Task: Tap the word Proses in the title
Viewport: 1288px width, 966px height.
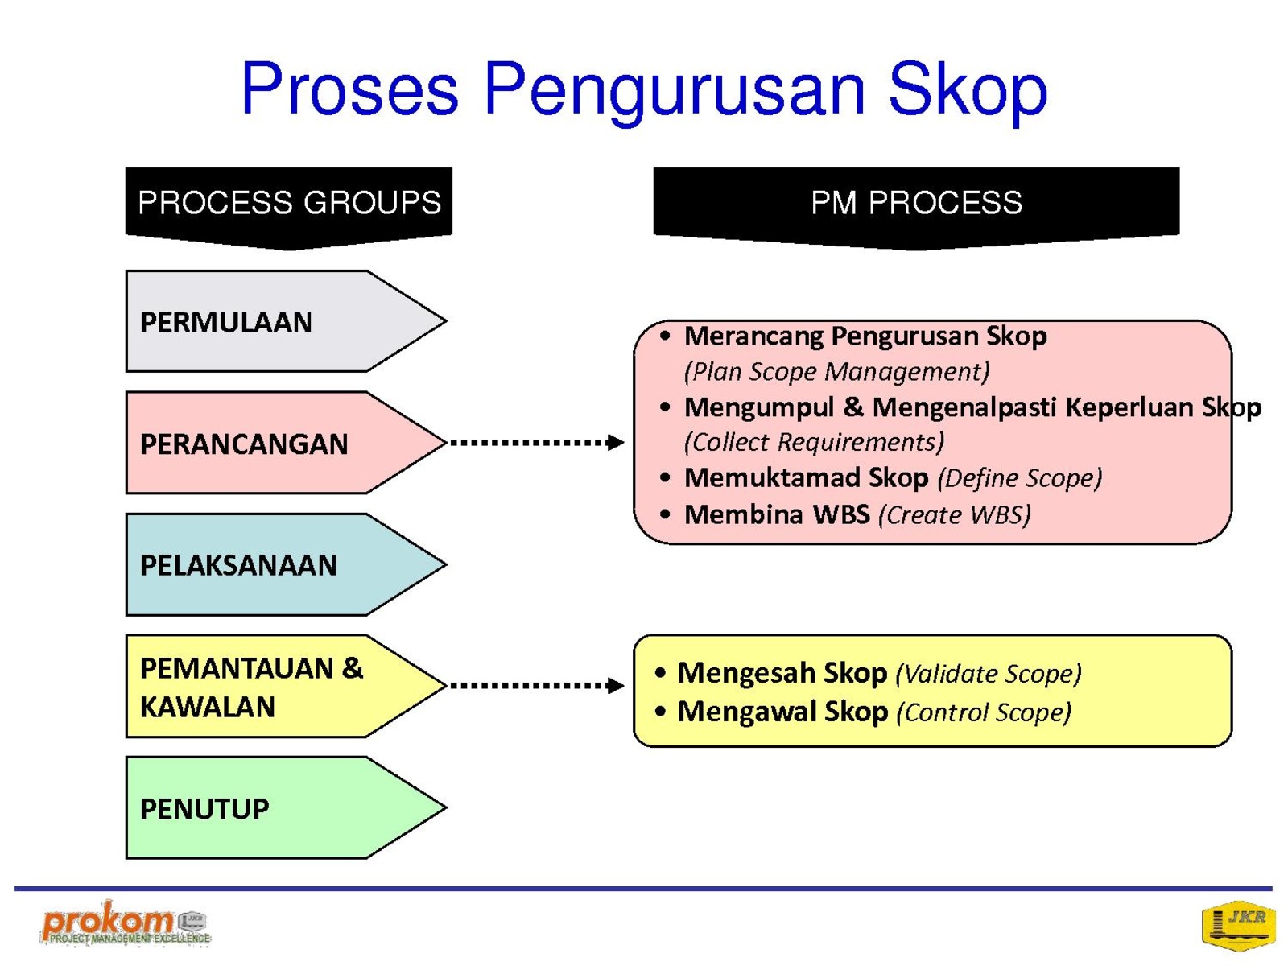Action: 349,88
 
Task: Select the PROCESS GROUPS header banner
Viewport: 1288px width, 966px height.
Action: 289,208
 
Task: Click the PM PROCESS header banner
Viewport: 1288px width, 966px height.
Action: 916,208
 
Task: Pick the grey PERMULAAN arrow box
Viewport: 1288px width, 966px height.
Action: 286,321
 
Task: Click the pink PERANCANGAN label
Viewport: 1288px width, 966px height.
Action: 244,444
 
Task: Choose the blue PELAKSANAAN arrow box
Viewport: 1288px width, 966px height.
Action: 286,564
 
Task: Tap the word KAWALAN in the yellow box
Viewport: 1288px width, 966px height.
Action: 207,707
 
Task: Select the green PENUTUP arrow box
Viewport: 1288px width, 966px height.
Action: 286,807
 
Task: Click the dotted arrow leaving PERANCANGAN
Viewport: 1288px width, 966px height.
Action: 537,442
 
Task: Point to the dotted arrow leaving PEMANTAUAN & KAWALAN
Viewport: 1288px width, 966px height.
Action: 537,685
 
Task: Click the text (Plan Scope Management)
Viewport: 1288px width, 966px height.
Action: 836,372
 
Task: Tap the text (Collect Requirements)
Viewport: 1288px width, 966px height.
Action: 814,442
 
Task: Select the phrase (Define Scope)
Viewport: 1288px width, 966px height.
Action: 1019,478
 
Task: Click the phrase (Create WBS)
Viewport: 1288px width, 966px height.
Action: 954,515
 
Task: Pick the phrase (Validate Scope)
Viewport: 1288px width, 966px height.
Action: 989,673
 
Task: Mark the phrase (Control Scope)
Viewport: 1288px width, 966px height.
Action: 984,712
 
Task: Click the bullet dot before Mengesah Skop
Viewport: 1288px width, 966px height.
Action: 661,672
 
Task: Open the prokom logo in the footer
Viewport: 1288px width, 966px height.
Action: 126,924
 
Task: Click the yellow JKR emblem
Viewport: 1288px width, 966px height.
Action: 1238,926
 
